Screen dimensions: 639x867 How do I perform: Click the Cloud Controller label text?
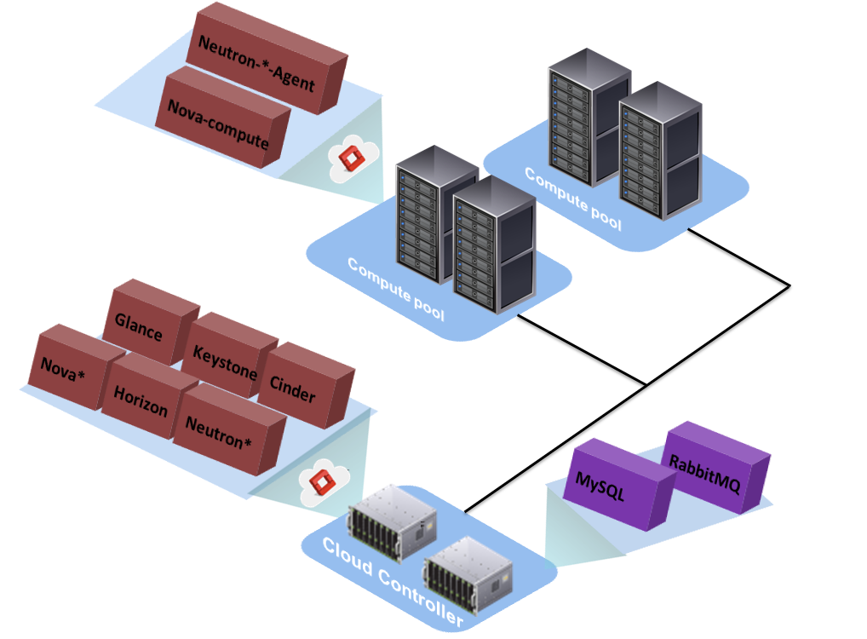click(x=393, y=581)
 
